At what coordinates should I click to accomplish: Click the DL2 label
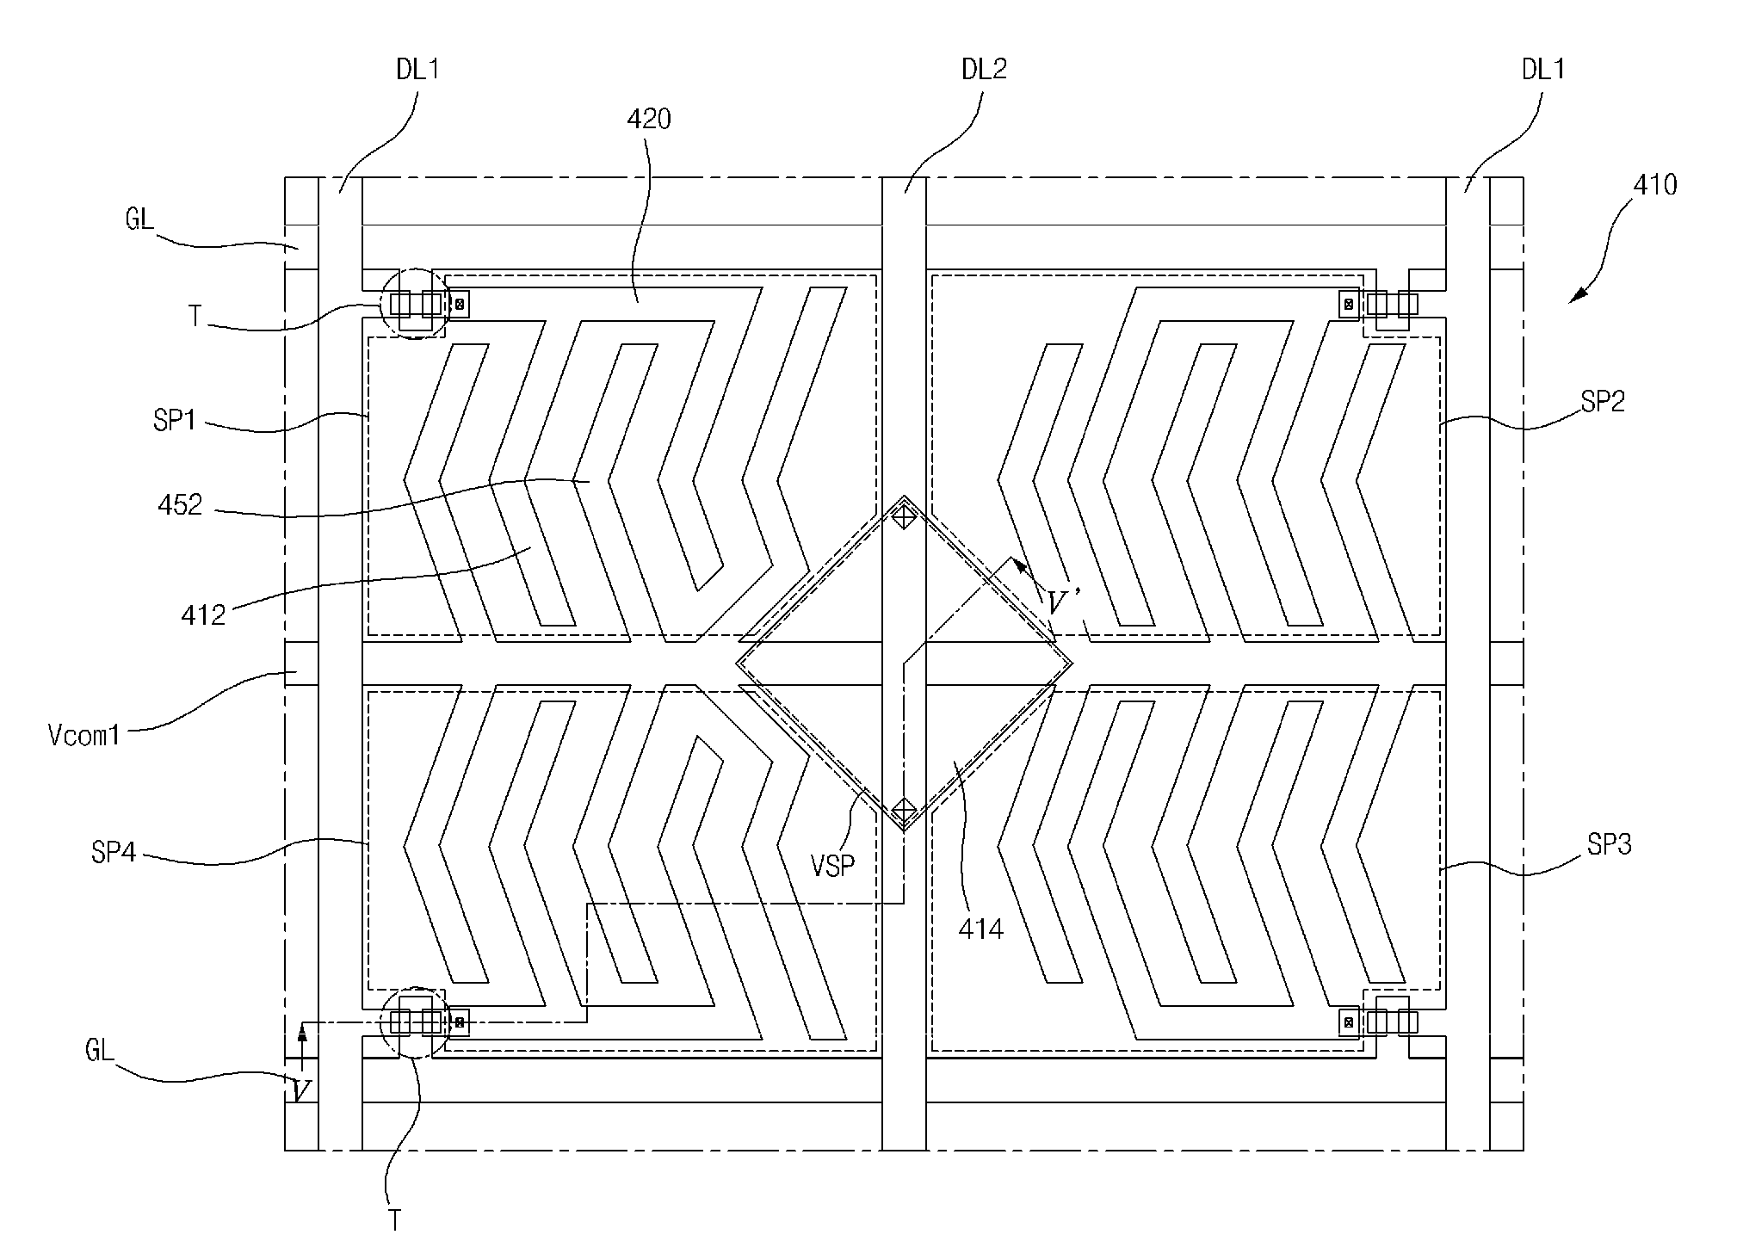point(984,70)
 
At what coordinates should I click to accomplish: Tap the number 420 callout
point(648,119)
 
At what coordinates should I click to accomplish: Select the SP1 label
point(176,423)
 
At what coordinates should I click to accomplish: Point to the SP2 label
point(1603,401)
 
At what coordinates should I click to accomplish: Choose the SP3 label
point(1609,845)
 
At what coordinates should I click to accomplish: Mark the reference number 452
point(181,504)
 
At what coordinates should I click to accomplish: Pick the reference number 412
point(203,614)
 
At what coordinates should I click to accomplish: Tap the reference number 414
point(980,929)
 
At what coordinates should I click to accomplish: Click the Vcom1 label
point(83,736)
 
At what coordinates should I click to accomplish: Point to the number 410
point(1654,185)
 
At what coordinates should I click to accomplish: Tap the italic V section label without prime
point(300,1092)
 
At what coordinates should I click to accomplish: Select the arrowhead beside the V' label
point(1017,565)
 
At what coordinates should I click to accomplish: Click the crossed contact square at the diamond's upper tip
point(904,517)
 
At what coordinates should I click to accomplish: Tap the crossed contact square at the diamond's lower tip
point(904,810)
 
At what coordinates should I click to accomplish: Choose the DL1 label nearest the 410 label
point(1543,70)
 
